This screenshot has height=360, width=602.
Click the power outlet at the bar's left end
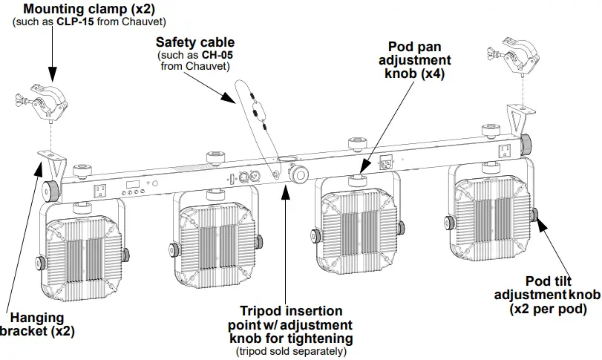(x=98, y=190)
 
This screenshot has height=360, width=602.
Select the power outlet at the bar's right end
(x=503, y=150)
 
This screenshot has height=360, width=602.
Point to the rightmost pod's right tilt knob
(x=535, y=216)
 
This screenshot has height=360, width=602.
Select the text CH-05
(x=216, y=56)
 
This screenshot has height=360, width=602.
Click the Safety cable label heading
(x=195, y=43)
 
